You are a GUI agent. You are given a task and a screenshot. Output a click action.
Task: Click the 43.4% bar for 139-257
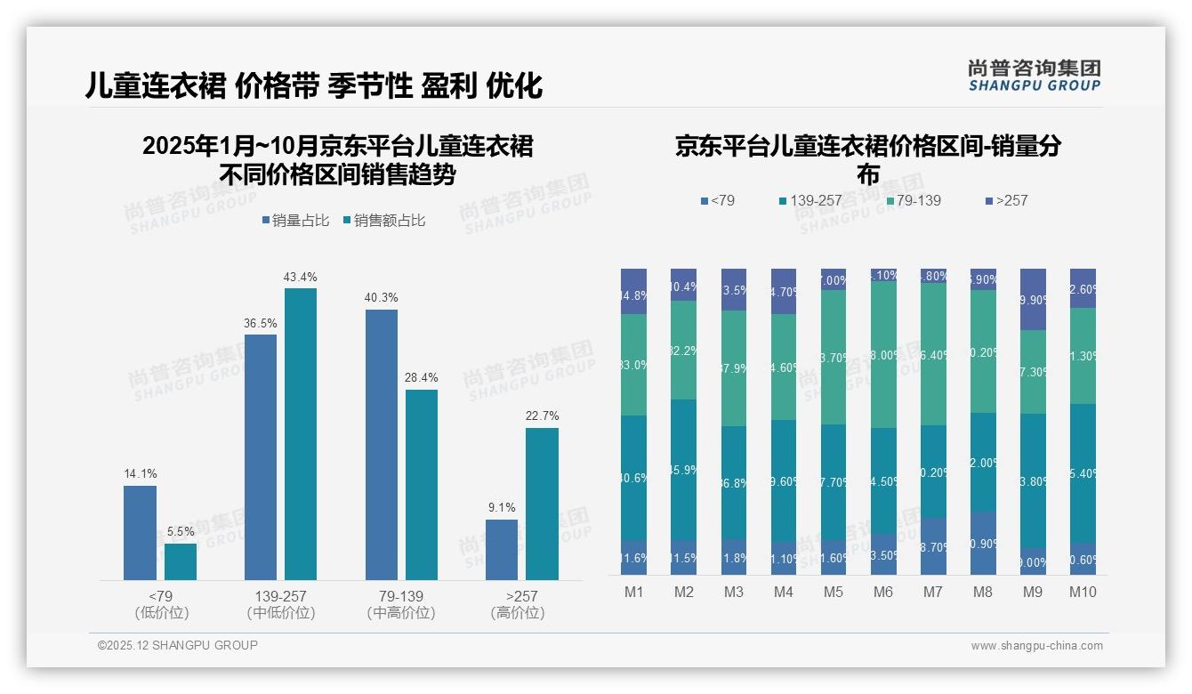click(x=301, y=434)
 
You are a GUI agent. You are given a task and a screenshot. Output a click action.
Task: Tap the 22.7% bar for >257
click(x=542, y=504)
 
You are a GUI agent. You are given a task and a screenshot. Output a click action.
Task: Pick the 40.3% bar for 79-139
click(x=382, y=445)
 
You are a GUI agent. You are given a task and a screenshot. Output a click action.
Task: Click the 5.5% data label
click(x=181, y=531)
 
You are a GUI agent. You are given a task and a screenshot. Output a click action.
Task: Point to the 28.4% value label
click(x=422, y=377)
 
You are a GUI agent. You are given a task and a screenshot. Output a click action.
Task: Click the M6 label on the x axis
click(x=883, y=592)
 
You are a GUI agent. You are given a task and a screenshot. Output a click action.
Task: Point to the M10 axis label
click(x=1083, y=592)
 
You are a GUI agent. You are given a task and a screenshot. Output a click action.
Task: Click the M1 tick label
click(x=634, y=592)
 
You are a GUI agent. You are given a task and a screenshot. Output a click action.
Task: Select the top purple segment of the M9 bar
click(x=1033, y=299)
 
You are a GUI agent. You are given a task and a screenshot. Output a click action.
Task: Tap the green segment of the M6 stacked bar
click(x=883, y=354)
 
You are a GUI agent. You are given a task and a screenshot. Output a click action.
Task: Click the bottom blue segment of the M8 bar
click(x=983, y=543)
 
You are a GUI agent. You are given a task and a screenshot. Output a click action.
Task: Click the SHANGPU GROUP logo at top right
click(x=1034, y=75)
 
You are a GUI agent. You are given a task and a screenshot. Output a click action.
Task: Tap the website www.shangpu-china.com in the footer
click(x=1036, y=646)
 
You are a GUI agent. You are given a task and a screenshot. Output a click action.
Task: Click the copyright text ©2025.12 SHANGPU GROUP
click(x=177, y=645)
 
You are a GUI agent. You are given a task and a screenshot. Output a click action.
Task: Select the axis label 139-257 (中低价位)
click(x=281, y=604)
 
